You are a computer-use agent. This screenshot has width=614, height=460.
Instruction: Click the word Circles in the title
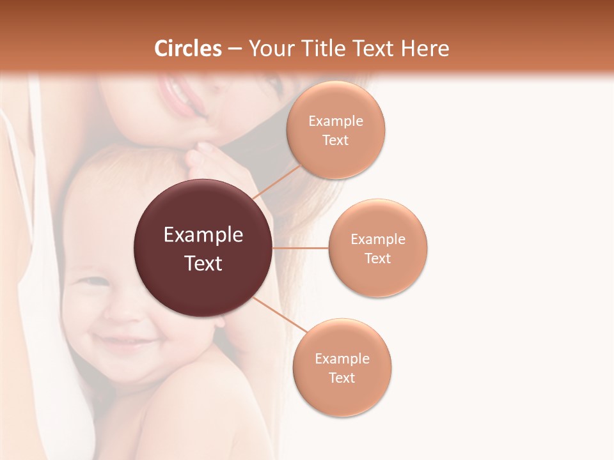[x=188, y=49]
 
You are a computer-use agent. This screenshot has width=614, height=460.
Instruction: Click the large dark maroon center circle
[x=203, y=249]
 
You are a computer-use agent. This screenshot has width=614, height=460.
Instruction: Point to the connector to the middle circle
[x=300, y=248]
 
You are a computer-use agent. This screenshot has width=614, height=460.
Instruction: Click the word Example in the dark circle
[x=203, y=235]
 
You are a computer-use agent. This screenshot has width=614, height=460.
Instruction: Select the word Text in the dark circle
[x=203, y=263]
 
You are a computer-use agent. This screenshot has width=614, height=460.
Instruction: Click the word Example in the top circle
[x=336, y=121]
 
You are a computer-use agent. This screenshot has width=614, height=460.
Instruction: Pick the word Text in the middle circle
[x=378, y=258]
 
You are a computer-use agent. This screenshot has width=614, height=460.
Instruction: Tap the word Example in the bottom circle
[x=342, y=358]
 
